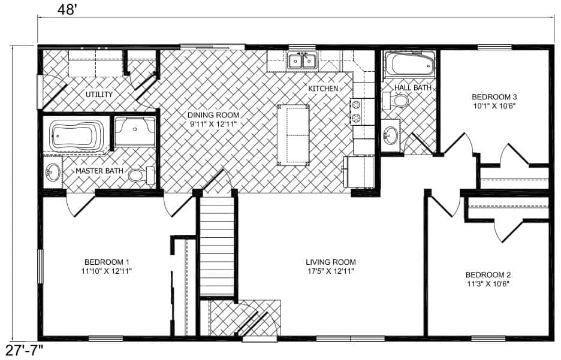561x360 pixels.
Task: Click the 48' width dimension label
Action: (x=67, y=10)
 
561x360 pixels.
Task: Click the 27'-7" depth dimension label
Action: (x=23, y=351)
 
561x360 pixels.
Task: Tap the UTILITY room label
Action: (x=99, y=95)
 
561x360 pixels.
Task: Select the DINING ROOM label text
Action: (x=213, y=115)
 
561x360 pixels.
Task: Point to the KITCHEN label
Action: (x=323, y=88)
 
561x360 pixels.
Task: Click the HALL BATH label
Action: (x=412, y=87)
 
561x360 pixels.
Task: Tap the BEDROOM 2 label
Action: (x=488, y=275)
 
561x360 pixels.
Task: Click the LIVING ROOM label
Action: (x=331, y=262)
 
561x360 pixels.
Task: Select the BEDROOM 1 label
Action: (x=107, y=262)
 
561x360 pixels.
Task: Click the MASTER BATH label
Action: (x=99, y=171)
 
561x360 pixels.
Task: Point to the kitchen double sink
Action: (x=302, y=60)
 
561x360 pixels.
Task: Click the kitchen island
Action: (x=293, y=135)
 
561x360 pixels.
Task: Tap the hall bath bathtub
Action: (x=409, y=64)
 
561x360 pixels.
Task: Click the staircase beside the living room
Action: (x=217, y=247)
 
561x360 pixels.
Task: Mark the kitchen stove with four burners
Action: (x=357, y=111)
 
